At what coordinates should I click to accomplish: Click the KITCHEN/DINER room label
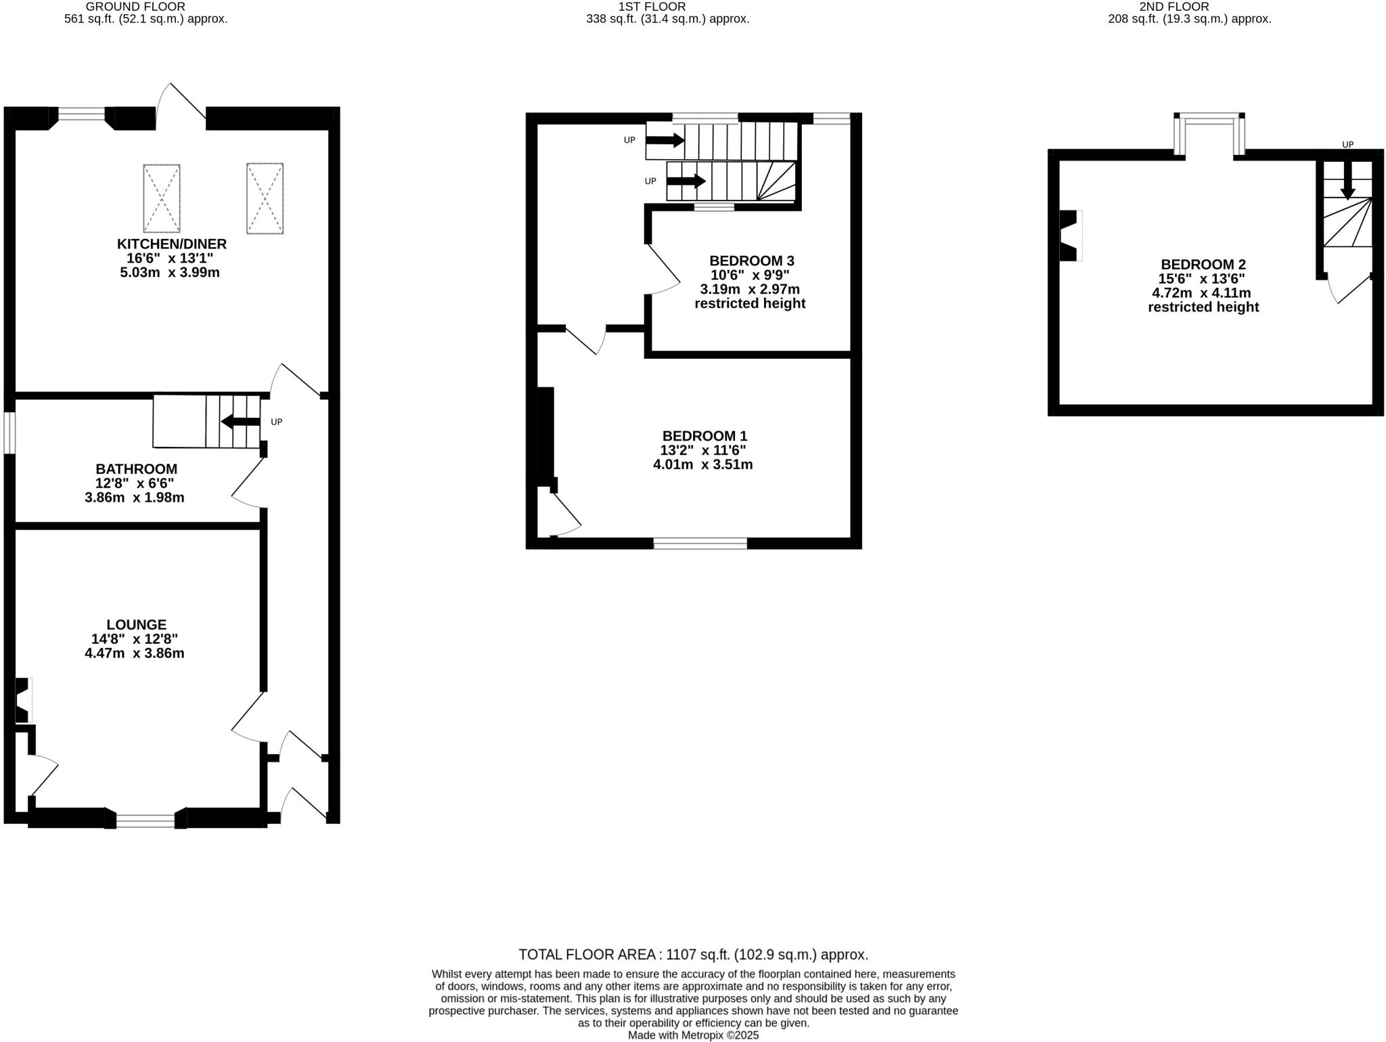171,244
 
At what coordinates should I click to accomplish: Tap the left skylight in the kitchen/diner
162,198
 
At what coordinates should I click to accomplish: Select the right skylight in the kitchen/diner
265,198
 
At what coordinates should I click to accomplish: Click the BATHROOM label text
136,469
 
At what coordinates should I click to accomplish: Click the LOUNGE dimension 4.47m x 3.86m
134,653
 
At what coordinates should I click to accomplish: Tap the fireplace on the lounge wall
23,700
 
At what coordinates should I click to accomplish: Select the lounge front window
146,821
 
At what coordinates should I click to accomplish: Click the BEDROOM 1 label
705,436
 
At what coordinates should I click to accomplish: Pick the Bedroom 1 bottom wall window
700,543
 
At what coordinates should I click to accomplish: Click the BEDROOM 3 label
751,261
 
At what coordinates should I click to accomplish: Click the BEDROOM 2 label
1203,264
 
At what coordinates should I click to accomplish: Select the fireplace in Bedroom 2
1069,236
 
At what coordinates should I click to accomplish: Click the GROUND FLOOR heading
135,7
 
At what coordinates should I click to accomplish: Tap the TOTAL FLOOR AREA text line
693,955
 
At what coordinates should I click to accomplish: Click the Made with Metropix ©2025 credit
693,1035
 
